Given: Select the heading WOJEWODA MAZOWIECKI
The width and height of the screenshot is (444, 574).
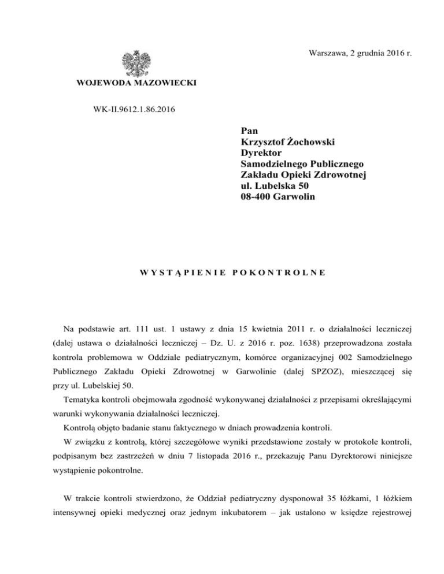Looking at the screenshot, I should point(136,84).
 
